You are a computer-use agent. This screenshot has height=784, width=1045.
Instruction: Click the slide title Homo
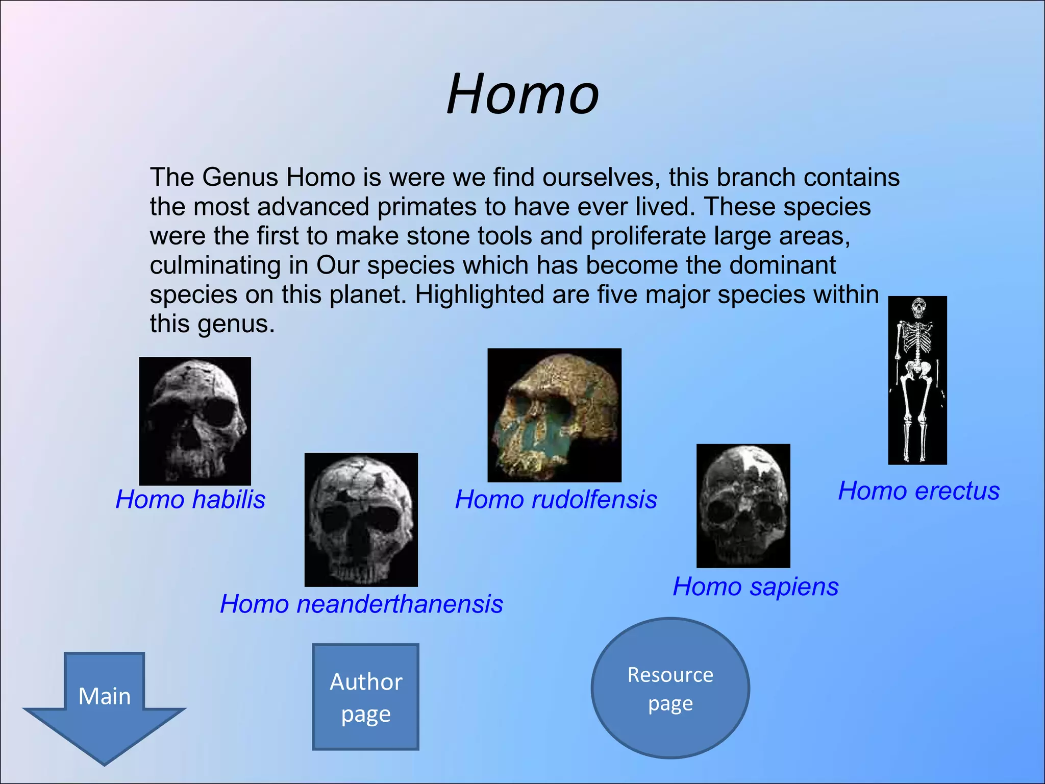(522, 94)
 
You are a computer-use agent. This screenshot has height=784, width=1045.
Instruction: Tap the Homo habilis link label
(190, 499)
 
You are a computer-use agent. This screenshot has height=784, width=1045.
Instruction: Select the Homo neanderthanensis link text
(361, 604)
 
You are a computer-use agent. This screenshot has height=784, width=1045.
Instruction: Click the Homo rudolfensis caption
(556, 499)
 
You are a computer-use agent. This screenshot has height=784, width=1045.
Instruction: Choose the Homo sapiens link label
(755, 586)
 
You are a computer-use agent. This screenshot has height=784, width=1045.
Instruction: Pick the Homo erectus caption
(918, 491)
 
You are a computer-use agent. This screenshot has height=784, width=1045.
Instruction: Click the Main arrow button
(105, 704)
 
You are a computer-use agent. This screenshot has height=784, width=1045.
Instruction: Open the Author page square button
(366, 697)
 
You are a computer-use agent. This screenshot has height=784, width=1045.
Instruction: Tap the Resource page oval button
(670, 688)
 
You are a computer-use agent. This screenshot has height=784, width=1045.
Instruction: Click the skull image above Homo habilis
(195, 421)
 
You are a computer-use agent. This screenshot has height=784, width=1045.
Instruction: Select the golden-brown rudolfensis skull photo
(555, 415)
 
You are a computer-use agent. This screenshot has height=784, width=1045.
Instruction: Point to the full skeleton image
(917, 380)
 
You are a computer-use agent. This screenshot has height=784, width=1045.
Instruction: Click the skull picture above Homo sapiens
(743, 505)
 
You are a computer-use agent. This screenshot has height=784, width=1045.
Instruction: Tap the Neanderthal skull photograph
(361, 520)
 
